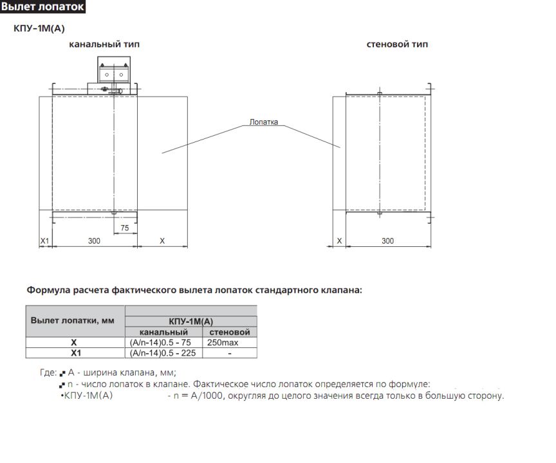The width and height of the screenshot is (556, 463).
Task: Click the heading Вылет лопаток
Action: click(42, 6)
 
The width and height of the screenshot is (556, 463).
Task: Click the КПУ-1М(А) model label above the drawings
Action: click(39, 28)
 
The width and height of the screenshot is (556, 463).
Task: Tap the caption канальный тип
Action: click(104, 44)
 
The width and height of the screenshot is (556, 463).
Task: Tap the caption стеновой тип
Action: click(397, 44)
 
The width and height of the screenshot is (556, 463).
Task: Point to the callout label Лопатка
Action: click(264, 122)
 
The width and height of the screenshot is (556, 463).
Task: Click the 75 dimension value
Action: click(125, 228)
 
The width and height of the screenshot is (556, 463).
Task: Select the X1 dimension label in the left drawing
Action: click(44, 241)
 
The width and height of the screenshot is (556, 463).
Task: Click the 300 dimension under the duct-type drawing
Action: click(95, 241)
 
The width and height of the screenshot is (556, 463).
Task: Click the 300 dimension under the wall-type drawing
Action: click(388, 241)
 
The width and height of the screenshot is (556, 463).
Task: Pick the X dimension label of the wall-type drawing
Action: click(339, 241)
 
